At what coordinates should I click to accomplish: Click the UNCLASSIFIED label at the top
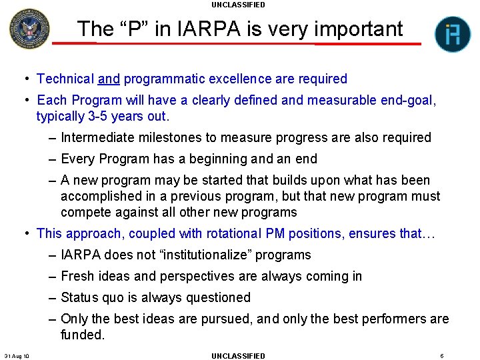[x=238, y=5]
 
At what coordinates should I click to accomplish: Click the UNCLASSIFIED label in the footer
[x=238, y=355]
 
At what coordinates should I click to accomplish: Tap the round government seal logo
[x=29, y=29]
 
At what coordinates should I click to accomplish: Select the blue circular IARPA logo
[x=453, y=35]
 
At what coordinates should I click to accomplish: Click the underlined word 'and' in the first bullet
[x=109, y=79]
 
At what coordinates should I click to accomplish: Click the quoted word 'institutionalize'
[x=198, y=255]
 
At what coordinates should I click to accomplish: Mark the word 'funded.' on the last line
[x=83, y=335]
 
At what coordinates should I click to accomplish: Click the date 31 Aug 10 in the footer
[x=17, y=355]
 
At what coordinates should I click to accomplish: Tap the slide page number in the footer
[x=442, y=355]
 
